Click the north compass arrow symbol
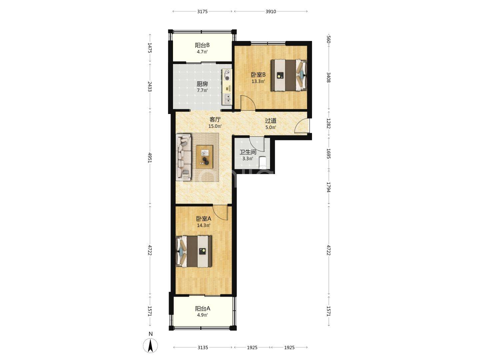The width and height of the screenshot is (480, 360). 150,346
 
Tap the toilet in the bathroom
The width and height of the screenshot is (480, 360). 262,162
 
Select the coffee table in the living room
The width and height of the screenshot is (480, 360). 204,157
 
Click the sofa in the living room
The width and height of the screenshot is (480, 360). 184,157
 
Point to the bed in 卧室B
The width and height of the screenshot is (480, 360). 289,75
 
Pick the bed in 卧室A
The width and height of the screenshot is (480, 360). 194,251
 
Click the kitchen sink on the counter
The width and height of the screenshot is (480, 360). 227,99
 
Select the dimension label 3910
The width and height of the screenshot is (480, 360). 271,12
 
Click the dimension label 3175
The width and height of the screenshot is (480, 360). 202,12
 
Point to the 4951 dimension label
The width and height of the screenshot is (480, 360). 150,158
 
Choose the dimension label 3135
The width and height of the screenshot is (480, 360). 203,347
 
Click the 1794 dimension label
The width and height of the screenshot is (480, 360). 328,187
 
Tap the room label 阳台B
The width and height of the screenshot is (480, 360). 202,45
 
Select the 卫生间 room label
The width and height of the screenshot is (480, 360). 248,152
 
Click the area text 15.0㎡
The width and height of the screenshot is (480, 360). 215,126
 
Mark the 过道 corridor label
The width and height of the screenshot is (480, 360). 271,121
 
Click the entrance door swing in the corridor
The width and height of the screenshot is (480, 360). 302,125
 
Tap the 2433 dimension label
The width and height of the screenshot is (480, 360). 150,87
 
